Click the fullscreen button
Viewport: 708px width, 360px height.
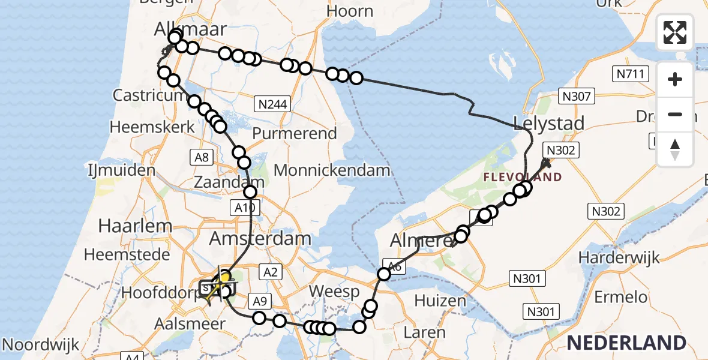point(675,32)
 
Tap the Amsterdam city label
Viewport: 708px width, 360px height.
point(260,238)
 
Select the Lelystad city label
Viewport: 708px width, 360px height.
point(548,124)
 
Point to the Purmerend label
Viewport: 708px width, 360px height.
point(295,133)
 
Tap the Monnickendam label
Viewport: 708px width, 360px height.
point(332,170)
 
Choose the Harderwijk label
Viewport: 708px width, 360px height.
point(619,257)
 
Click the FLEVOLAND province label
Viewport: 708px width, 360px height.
point(523,177)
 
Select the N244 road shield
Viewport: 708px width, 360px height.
point(272,104)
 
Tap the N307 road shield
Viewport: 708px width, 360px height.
point(577,96)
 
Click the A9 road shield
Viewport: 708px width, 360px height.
point(259,300)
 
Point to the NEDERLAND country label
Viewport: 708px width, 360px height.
point(626,343)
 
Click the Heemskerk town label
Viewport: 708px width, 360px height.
point(152,127)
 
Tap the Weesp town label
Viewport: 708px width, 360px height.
point(334,292)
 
